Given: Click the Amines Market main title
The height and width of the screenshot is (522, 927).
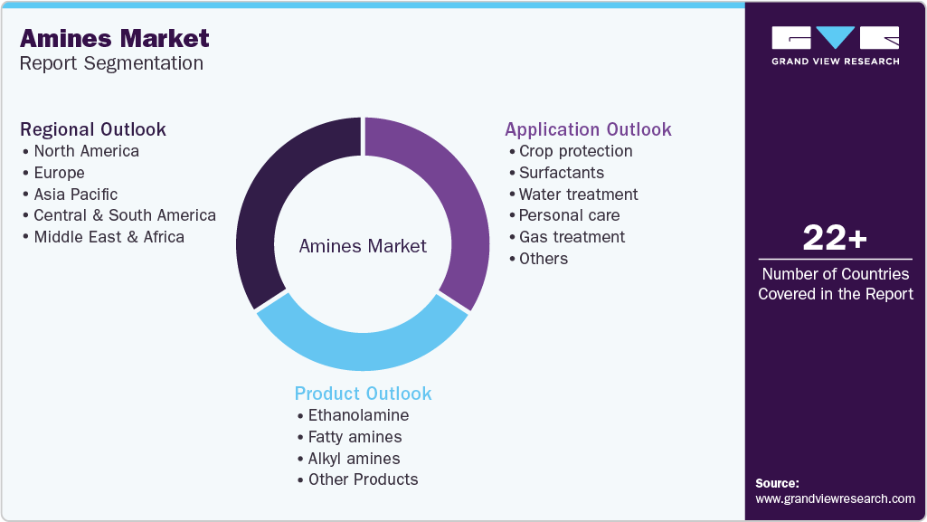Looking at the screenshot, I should (115, 38).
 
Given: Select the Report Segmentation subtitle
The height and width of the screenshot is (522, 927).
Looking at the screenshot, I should (111, 63).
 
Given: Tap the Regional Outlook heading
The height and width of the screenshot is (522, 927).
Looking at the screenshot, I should (93, 129).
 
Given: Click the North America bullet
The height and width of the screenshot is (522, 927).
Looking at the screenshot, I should (86, 151).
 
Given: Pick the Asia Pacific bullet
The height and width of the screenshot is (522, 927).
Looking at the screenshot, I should (75, 194).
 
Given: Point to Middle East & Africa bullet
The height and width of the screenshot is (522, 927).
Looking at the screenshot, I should (109, 237).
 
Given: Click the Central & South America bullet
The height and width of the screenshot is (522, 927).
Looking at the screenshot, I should (124, 215).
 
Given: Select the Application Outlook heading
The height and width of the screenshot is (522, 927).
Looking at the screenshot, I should (588, 129).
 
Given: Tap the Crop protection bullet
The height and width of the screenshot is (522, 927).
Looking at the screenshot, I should (575, 151).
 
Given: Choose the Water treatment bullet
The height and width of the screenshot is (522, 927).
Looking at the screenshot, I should (578, 194).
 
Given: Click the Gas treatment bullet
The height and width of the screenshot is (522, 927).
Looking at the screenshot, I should (572, 237).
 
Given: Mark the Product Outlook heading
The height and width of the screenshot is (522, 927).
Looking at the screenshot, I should (363, 394).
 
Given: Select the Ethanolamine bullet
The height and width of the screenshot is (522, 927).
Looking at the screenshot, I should (358, 415).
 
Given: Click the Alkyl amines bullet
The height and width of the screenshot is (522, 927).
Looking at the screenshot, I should (354, 459).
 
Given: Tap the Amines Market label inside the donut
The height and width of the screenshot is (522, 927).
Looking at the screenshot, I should (363, 246).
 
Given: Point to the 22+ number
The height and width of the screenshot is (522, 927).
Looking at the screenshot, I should (835, 238).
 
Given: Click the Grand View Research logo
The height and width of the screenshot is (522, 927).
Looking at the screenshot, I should (835, 45).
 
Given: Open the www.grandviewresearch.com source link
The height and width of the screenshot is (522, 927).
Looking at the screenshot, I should (835, 498).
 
